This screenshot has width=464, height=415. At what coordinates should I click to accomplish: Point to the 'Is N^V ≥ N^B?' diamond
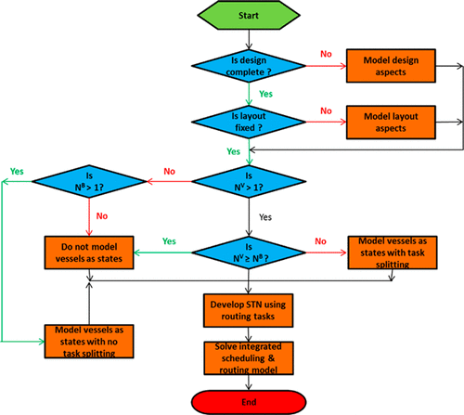(x=248, y=253)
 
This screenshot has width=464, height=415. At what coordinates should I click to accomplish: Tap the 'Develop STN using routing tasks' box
(x=248, y=310)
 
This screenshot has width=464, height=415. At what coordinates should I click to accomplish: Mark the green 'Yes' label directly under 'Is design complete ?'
(x=264, y=95)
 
